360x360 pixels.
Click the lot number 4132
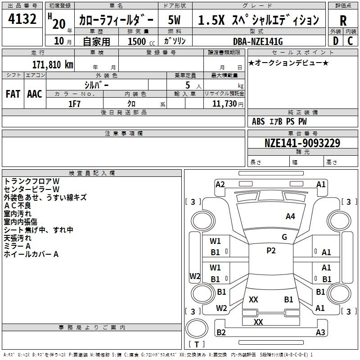pyautogui.click(x=22, y=19)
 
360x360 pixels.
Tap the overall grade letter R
pyautogui.click(x=343, y=21)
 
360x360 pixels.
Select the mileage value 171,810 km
pyautogui.click(x=53, y=65)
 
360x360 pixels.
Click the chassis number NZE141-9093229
pyautogui.click(x=302, y=143)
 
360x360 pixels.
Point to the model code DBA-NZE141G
pyautogui.click(x=258, y=41)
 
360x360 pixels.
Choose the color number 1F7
pyautogui.click(x=74, y=104)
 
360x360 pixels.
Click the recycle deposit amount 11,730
pyautogui.click(x=224, y=103)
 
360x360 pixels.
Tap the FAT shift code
pyautogui.click(x=13, y=94)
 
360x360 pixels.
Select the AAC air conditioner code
pyautogui.click(x=35, y=94)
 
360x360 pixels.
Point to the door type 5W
pyautogui.click(x=174, y=20)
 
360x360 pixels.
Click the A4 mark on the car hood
pyautogui.click(x=290, y=216)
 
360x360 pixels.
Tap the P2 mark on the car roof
pyautogui.click(x=271, y=251)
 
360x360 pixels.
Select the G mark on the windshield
pyautogui.click(x=284, y=237)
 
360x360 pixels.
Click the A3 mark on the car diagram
pyautogui.click(x=320, y=332)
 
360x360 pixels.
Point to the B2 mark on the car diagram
pyautogui.click(x=221, y=332)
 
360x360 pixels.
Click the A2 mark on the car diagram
pyautogui.click(x=220, y=184)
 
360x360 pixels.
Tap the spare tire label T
pyautogui.click(x=197, y=344)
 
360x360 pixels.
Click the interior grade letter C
pyautogui.click(x=350, y=41)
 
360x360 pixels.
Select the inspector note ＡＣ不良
pyautogui.click(x=18, y=206)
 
